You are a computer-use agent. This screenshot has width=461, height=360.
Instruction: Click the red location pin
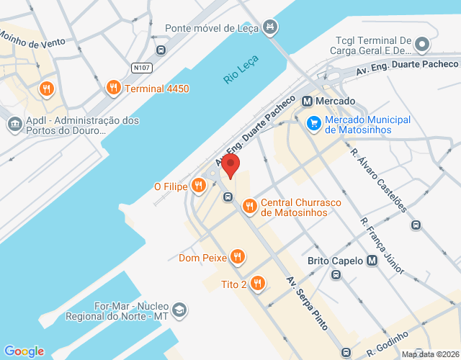(x=230, y=166)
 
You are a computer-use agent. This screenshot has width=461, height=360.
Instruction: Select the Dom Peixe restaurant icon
(x=238, y=257)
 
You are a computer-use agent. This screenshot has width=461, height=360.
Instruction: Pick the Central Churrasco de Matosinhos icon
(x=249, y=207)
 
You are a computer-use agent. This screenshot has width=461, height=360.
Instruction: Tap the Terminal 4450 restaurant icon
(x=113, y=89)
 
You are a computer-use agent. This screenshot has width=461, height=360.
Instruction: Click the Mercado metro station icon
(x=308, y=102)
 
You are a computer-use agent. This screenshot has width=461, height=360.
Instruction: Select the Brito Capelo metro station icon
(x=372, y=261)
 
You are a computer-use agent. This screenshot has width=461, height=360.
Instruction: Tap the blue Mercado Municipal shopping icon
(x=313, y=124)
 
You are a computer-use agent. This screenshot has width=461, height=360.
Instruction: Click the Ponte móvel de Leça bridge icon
(x=270, y=28)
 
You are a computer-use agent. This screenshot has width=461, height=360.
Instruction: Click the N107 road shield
(x=141, y=68)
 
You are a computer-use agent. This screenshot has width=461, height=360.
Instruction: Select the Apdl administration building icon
(x=15, y=125)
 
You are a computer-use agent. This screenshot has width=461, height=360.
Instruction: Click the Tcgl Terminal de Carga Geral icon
(x=423, y=46)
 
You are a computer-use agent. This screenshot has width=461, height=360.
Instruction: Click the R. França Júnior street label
(x=382, y=242)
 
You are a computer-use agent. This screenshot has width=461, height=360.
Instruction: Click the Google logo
(x=24, y=351)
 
